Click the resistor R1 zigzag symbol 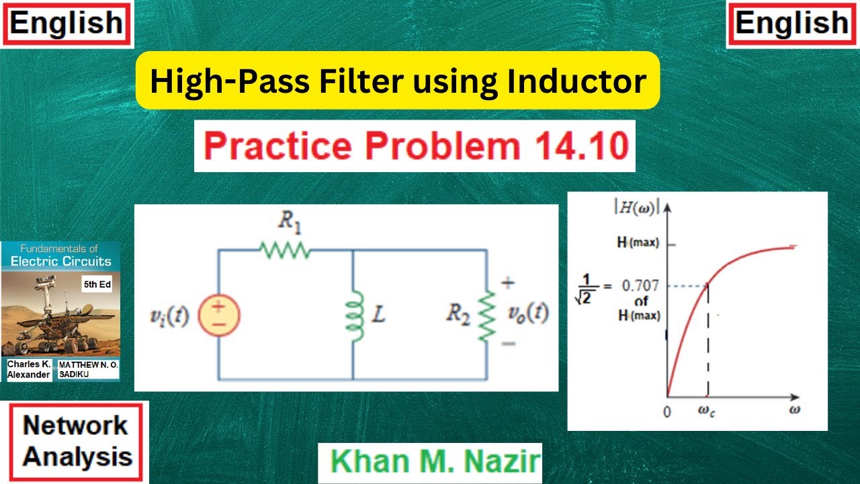(285, 250)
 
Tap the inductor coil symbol (353, 315)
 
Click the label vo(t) (527, 314)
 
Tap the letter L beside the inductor (378, 315)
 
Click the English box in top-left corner (67, 24)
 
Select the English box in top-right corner (792, 24)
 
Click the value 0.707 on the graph (640, 286)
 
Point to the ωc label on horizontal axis (707, 411)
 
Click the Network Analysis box (77, 442)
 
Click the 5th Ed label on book (97, 284)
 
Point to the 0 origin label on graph (666, 411)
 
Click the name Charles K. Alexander (29, 369)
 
